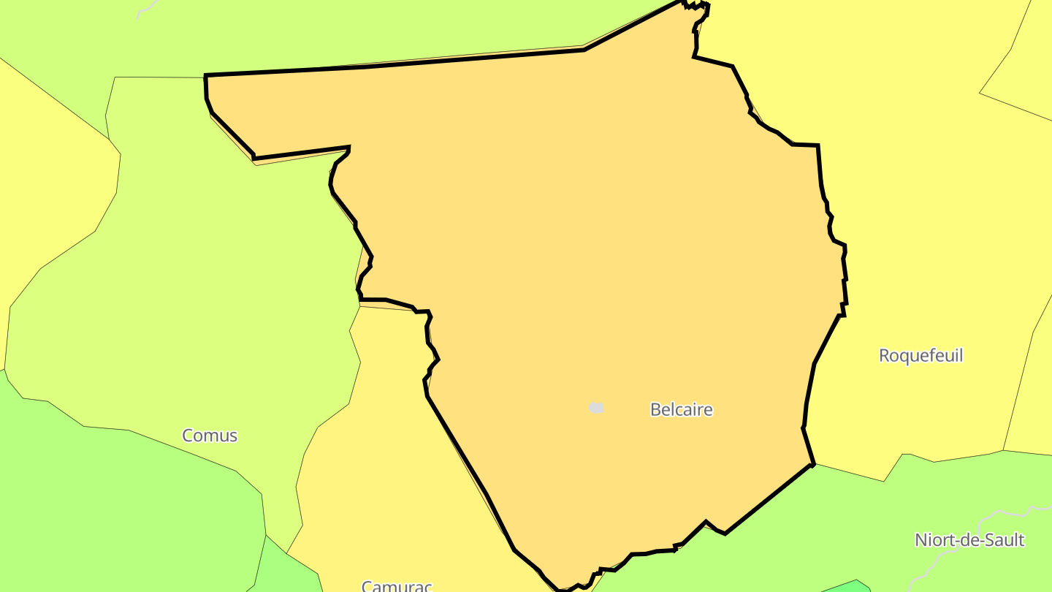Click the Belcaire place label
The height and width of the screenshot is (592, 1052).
tap(681, 409)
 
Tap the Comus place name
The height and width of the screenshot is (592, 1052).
tap(210, 436)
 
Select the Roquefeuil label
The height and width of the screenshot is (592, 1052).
tap(920, 356)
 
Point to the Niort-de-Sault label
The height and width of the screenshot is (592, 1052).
tap(969, 540)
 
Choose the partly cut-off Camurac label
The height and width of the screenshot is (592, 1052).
tap(397, 586)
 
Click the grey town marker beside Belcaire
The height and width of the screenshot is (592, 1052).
tap(597, 408)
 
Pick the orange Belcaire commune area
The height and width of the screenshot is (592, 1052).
tap(584, 256)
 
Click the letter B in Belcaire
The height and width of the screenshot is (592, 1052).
tap(655, 409)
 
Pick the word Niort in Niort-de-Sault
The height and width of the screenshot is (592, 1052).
tap(931, 540)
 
